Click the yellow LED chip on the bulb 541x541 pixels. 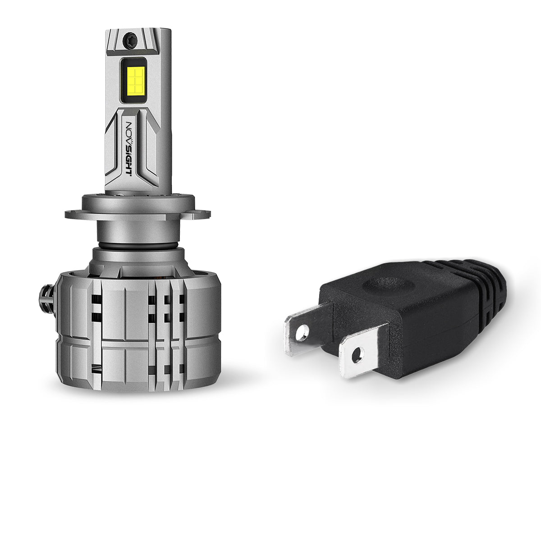tap(135, 80)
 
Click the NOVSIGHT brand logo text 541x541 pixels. tap(128, 148)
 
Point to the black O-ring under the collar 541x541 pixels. tap(138, 246)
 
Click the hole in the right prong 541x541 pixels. tap(357, 354)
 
